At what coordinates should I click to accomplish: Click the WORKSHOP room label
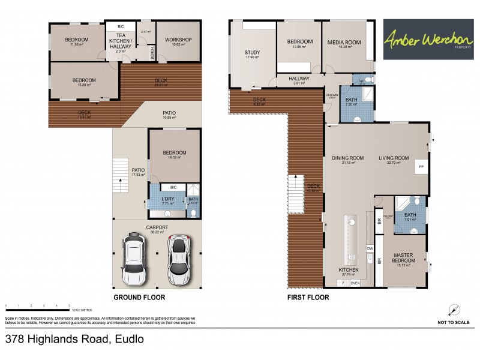pos(178,40)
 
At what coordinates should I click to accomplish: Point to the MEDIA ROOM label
pos(344,42)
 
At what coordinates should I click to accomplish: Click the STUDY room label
pos(252,53)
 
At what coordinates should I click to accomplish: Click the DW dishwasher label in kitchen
pos(369,248)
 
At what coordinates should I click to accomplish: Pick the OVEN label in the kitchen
pos(355,283)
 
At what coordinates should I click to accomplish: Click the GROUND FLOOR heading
pos(139,297)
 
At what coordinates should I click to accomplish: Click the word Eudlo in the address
pos(128,339)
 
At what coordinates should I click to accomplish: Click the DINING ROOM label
pos(348,158)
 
